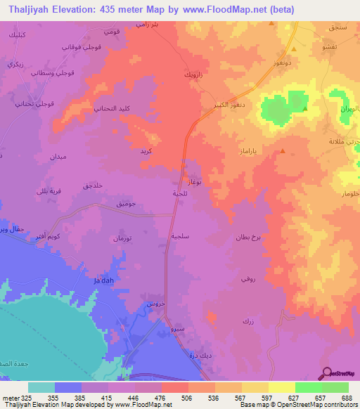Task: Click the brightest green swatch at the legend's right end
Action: (335, 387)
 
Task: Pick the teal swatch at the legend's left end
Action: (41, 387)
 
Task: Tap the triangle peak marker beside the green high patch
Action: (304, 109)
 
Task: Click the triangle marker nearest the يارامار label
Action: (282, 150)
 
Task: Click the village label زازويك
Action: (194, 74)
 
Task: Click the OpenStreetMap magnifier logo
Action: (327, 372)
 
